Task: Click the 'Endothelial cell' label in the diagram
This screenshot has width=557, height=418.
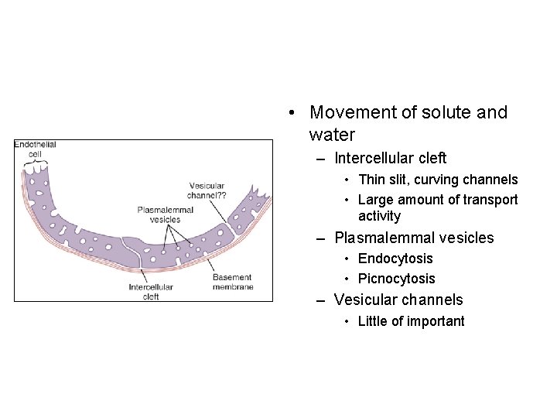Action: (36, 149)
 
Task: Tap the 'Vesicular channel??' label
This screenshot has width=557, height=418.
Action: (207, 191)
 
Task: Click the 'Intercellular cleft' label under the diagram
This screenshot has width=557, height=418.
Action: (151, 292)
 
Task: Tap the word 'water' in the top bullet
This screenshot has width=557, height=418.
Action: (332, 135)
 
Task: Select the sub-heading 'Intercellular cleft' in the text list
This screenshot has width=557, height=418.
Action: (391, 158)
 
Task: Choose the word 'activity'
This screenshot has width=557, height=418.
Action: (379, 216)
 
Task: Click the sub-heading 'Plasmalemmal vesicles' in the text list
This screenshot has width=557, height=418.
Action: (414, 238)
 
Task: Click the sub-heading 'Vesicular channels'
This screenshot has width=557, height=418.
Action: (398, 300)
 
